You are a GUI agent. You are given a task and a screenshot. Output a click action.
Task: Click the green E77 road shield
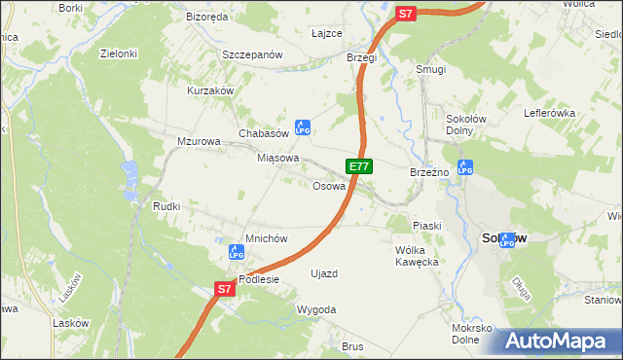click(x=358, y=166)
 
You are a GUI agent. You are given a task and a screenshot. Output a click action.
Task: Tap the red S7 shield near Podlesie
click(x=224, y=289)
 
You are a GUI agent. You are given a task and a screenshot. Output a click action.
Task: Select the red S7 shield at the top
click(x=406, y=14)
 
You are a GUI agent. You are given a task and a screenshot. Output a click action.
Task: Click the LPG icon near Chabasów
click(x=302, y=126)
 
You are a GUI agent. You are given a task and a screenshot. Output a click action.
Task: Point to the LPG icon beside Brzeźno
click(x=464, y=167)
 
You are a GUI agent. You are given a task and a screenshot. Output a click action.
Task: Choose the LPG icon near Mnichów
click(x=235, y=252)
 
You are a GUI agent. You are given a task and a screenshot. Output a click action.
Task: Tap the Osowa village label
click(x=329, y=186)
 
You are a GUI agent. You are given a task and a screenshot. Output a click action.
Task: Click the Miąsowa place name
click(x=277, y=157)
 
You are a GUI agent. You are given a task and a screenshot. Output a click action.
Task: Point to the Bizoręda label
click(x=206, y=17)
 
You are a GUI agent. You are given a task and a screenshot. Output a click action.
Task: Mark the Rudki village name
click(x=166, y=206)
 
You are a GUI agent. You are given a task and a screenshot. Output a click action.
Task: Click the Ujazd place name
click(x=323, y=273)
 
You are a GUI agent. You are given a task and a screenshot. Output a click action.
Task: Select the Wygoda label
click(x=316, y=309)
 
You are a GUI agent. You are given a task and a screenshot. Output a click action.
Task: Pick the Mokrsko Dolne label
click(x=472, y=335)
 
